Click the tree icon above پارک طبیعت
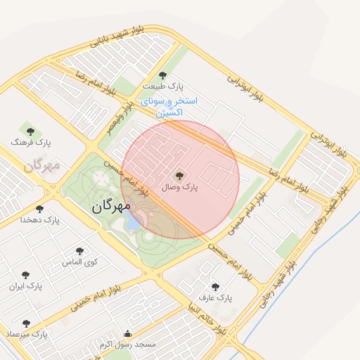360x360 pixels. click(163, 75)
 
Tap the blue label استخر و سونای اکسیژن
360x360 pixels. click(169, 106)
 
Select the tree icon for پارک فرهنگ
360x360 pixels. click(30, 131)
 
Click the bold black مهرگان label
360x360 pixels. click(112, 207)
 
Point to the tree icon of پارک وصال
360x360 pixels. click(179, 175)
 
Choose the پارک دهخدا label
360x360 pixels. click(41, 220)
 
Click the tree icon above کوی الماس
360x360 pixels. click(79, 251)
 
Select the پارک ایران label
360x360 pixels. click(26, 286)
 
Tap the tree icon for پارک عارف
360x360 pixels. click(215, 287)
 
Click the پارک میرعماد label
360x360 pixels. click(26, 335)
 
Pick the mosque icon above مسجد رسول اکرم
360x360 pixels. click(127, 333)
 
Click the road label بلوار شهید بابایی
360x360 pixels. click(119, 39)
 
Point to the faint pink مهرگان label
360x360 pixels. click(42, 166)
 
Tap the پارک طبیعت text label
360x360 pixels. click(163, 86)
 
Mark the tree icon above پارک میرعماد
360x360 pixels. click(26, 324)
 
